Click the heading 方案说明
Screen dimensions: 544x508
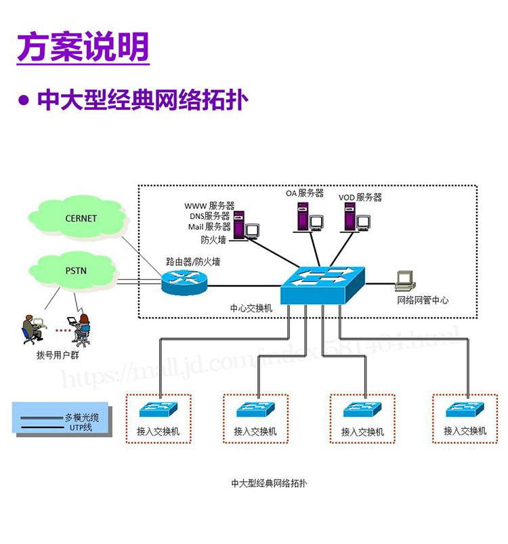click(x=83, y=47)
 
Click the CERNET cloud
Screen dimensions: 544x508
click(x=81, y=218)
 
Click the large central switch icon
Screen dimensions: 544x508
click(x=322, y=283)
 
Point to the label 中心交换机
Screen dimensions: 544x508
click(x=251, y=308)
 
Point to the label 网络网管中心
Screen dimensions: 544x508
click(x=422, y=300)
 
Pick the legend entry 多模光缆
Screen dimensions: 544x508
click(x=82, y=417)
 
